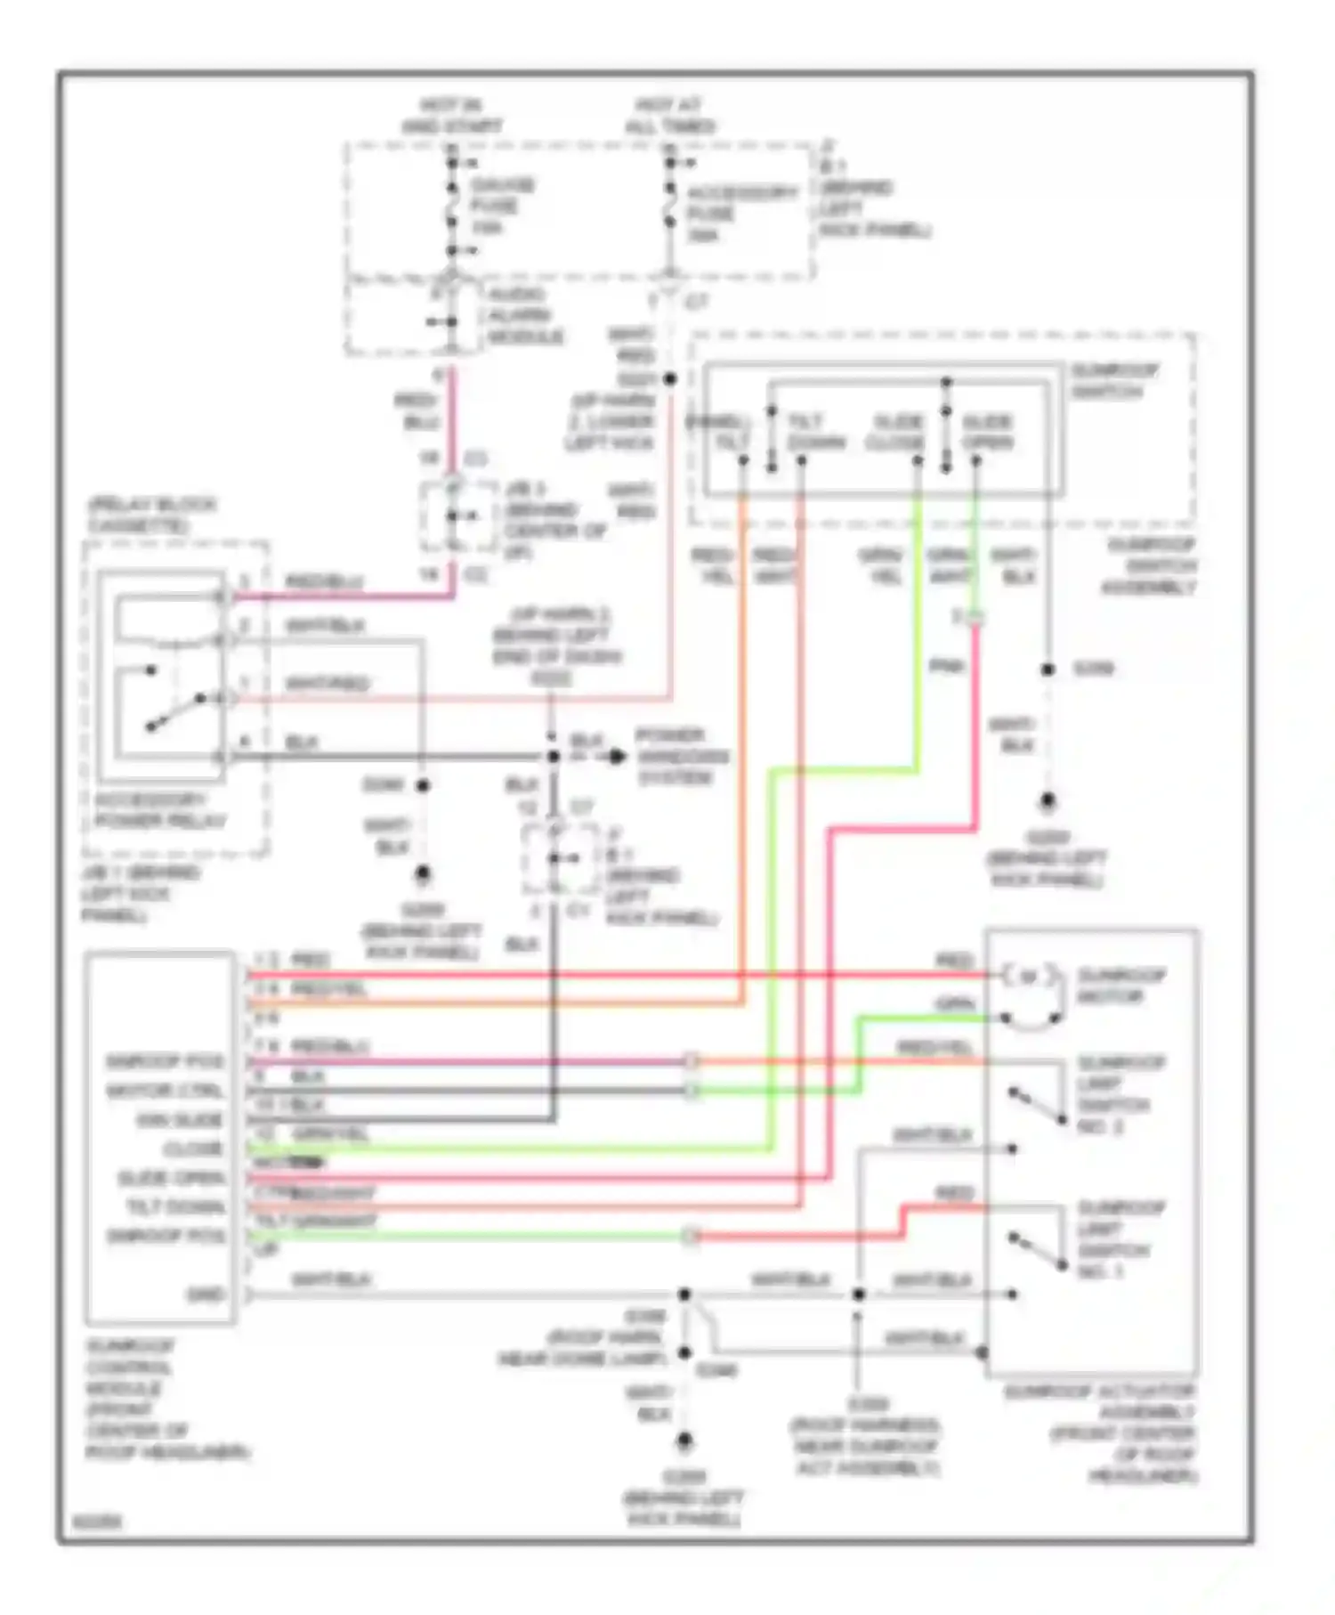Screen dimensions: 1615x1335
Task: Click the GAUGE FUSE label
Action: (x=501, y=207)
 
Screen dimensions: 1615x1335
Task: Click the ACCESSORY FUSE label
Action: (x=740, y=214)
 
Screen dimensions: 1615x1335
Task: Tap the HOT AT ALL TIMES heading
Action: (x=669, y=116)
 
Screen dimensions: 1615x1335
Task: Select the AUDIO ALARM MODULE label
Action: (x=524, y=316)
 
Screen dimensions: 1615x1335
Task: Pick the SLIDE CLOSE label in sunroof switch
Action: (x=897, y=432)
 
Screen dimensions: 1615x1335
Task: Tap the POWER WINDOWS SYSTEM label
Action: (x=681, y=757)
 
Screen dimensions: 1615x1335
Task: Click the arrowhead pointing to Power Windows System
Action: (x=616, y=757)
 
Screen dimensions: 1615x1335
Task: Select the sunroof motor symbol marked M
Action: (x=1029, y=977)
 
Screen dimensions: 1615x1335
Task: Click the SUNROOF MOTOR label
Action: (x=1121, y=986)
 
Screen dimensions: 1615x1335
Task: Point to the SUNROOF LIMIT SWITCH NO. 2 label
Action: (x=1121, y=1094)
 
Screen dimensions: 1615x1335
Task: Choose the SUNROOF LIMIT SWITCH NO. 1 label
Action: (x=1121, y=1239)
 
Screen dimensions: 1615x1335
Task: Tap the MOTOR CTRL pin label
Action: (x=165, y=1091)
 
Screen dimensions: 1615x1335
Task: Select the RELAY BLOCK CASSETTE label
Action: (x=151, y=515)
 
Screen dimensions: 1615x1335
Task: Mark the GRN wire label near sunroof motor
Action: (x=953, y=1004)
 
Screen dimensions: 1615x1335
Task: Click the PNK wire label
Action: (x=946, y=666)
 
